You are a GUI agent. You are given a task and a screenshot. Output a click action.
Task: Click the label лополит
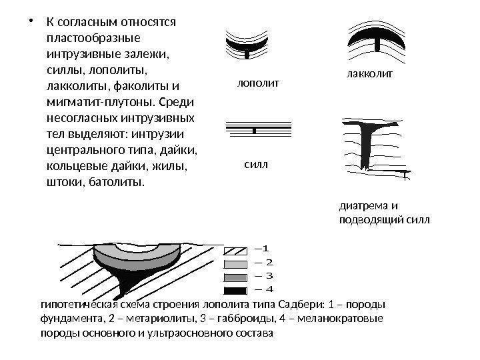tap(257, 83)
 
